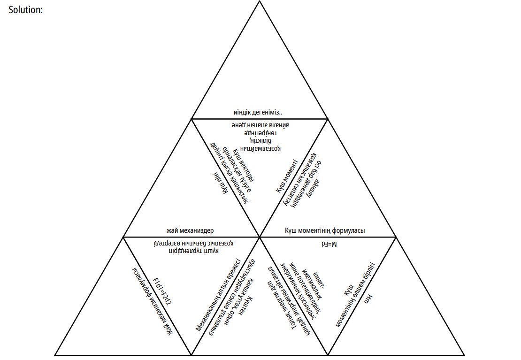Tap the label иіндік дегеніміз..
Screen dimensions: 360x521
tap(258, 113)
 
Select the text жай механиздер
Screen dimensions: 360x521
tap(190, 230)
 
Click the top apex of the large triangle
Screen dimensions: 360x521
tap(260, 2)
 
